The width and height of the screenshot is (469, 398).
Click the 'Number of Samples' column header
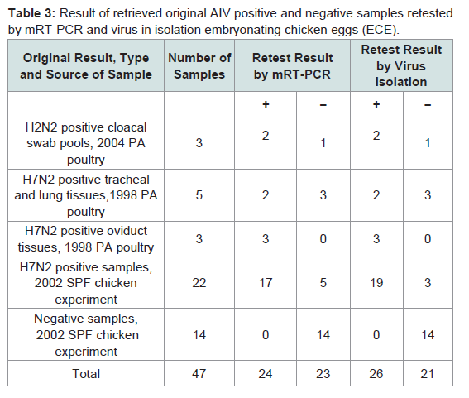tap(199, 66)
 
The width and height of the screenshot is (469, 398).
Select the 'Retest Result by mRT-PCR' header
tap(292, 66)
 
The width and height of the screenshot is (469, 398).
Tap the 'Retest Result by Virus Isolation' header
tap(401, 65)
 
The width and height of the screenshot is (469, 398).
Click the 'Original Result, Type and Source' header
tap(86, 66)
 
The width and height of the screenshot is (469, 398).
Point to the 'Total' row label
tap(86, 374)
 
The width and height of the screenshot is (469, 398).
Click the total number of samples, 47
tap(199, 374)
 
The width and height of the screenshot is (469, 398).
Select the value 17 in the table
tap(266, 283)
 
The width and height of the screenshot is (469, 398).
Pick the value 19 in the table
tap(376, 283)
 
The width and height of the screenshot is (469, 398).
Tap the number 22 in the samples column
tap(199, 283)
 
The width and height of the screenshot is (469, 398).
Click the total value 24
tap(266, 374)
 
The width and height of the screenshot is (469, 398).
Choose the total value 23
tap(323, 374)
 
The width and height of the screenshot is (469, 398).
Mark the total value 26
tap(376, 374)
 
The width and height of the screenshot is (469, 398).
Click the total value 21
tap(428, 374)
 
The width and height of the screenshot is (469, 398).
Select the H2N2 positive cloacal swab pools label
tap(86, 143)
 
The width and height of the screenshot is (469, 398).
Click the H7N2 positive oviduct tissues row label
tap(86, 239)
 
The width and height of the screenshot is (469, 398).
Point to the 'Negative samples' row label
tap(86, 335)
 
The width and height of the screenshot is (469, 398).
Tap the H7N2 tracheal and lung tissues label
tap(86, 195)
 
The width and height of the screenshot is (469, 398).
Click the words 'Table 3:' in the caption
tap(31, 13)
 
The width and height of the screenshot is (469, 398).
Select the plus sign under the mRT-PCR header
tap(266, 104)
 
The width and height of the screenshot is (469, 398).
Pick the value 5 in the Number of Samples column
tap(199, 195)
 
